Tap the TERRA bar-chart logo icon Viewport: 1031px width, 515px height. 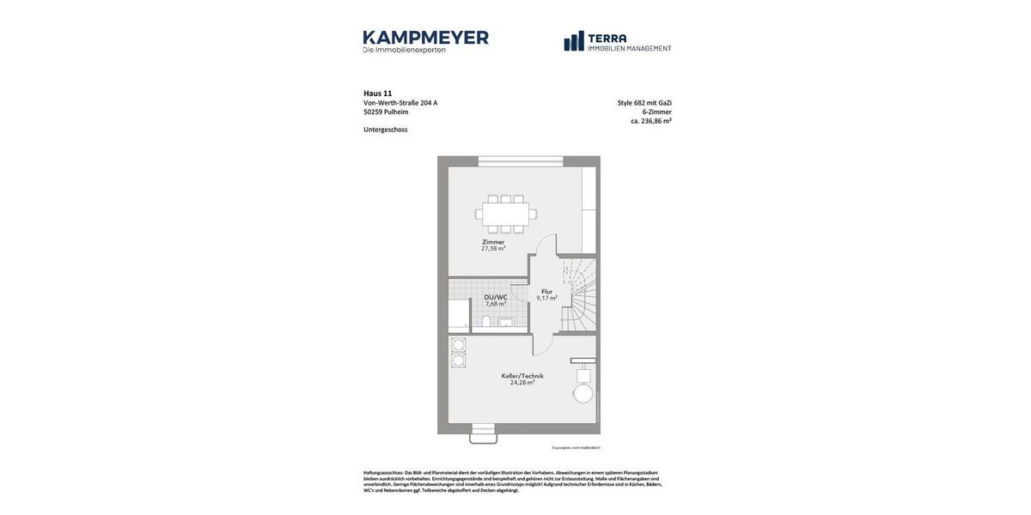coord(574,41)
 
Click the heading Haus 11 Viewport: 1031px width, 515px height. coord(377,94)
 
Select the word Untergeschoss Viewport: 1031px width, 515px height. coord(385,130)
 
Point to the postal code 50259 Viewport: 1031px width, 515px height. coord(373,112)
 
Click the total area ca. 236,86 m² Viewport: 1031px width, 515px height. coord(651,121)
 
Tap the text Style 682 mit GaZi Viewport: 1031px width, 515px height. coord(644,103)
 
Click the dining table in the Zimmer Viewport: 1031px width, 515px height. coord(505,214)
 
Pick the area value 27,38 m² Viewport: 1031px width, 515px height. coord(493,249)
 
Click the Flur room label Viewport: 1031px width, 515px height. coord(547,292)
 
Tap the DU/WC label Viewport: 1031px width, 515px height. coord(496,297)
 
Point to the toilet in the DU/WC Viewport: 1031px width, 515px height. coord(486,322)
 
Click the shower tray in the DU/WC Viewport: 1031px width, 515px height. coord(459,314)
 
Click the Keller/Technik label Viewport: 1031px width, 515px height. coord(522,376)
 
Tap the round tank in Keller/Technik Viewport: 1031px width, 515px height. coord(583,393)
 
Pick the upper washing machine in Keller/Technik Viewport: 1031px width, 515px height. coord(459,345)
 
